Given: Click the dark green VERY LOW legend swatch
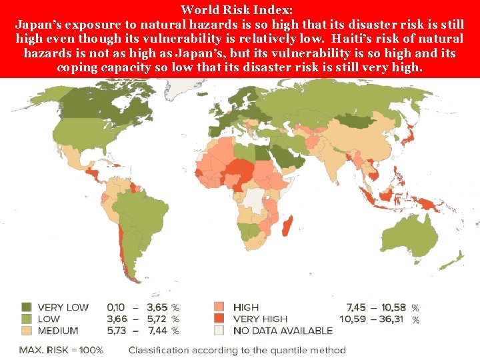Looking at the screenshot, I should click(x=27, y=307).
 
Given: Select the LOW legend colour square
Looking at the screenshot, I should click(x=27, y=319).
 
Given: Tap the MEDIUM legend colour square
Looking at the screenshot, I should click(x=27, y=330).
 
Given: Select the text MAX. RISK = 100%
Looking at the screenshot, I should click(x=61, y=350).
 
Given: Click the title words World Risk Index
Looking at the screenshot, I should click(x=240, y=9).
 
